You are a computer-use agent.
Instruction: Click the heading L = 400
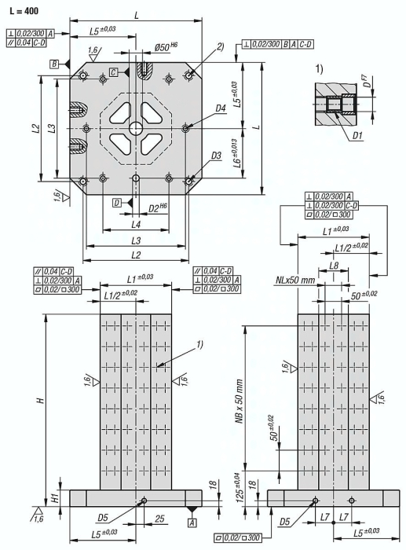[x=24, y=11]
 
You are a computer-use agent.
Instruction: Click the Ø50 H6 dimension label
[x=166, y=47]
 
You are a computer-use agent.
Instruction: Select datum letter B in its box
[x=54, y=64]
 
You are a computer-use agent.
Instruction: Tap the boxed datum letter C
[x=113, y=72]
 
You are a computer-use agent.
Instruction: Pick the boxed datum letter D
[x=117, y=203]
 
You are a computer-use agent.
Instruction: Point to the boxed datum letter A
[x=192, y=522]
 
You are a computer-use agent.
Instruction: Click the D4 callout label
[x=220, y=108]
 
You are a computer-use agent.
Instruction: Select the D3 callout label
[x=216, y=156]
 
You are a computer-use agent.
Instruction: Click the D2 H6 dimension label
[x=157, y=208]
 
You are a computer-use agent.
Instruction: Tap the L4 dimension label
[x=136, y=224]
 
